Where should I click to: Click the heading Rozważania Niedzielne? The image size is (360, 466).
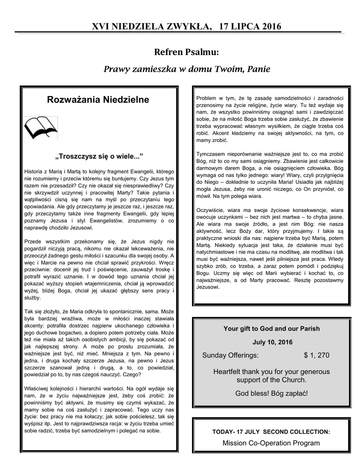click(98, 99)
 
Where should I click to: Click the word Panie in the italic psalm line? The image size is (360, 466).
click(258, 69)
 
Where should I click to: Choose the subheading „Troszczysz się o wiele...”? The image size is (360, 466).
click(99, 157)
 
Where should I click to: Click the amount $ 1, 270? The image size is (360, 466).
click(316, 355)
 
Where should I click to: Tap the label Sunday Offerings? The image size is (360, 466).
click(230, 355)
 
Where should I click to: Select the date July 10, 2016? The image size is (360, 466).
click(271, 342)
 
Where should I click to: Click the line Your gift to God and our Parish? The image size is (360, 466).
click(271, 329)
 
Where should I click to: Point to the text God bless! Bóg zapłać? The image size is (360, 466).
click(271, 392)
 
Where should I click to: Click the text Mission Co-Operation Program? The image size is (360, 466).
click(271, 443)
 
